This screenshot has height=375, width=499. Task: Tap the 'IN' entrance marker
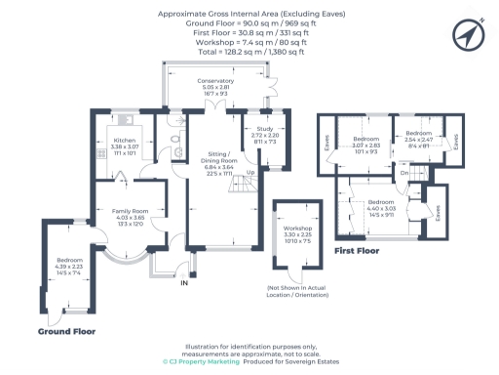182,284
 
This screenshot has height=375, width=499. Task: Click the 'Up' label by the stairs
249,173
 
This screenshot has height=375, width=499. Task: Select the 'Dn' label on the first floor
404,174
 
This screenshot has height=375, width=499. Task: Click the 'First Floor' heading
357,251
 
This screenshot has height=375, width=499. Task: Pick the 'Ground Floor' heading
65,332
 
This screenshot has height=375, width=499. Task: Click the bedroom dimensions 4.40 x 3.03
381,209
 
